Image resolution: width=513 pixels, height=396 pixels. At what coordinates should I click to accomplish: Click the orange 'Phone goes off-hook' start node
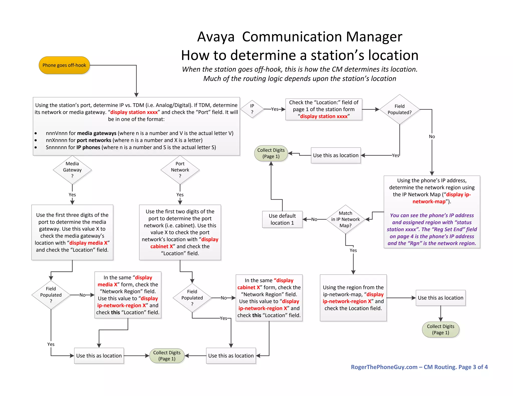coord(64,65)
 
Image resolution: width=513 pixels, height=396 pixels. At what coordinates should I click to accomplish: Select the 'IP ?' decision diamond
coord(252,109)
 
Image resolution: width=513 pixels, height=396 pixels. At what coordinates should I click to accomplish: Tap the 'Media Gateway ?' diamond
coord(72,170)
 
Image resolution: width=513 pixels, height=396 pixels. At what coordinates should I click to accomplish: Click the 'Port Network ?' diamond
coord(180,170)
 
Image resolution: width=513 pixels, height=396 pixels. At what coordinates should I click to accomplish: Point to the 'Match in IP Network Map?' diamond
coord(345,219)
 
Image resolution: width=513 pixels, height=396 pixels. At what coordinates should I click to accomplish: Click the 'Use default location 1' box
coord(282,219)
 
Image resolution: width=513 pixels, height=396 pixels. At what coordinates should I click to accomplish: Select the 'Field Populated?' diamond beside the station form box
coord(399,109)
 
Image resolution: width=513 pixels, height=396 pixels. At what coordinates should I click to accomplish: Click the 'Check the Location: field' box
coord(324,109)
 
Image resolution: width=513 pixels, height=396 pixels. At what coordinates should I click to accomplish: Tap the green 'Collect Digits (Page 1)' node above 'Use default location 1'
coord(271,153)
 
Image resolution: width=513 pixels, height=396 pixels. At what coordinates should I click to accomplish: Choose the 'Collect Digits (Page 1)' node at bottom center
coord(167,356)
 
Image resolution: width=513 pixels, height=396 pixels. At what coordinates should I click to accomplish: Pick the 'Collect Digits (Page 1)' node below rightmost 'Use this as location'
coord(440,329)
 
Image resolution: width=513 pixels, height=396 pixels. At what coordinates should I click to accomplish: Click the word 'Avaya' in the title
coord(216,37)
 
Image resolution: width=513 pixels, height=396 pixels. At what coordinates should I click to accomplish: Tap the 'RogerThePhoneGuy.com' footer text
coord(384,367)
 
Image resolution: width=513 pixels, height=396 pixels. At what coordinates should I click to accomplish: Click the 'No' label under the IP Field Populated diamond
coord(432,137)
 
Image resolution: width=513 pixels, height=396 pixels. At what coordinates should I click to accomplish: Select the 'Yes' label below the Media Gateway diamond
coord(72,195)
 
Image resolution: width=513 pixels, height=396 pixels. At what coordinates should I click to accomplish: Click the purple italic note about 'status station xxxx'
coord(432,229)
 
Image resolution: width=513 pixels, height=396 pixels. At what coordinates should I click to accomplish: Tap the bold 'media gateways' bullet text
coord(97,133)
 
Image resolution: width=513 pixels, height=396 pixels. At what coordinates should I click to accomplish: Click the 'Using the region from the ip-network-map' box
coord(353,298)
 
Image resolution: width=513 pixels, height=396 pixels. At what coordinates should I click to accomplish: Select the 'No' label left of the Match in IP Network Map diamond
coord(314,219)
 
